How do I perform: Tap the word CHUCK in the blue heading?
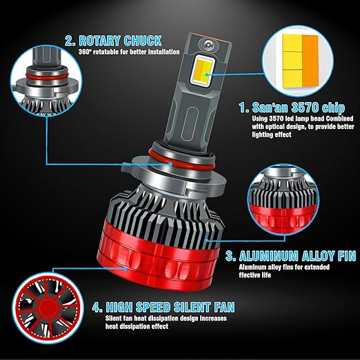(x=143, y=41)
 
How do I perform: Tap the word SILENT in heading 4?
(x=192, y=307)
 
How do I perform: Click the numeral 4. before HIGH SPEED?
(x=97, y=307)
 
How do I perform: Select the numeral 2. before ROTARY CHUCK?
(x=70, y=41)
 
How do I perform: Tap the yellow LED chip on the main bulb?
(x=203, y=71)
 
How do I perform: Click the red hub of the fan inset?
(x=48, y=308)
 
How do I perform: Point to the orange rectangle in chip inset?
(x=310, y=61)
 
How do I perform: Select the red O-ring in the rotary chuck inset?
(x=46, y=77)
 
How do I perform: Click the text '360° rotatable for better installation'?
(x=129, y=52)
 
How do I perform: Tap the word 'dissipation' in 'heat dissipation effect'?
(x=137, y=326)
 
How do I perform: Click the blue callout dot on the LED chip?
(x=207, y=74)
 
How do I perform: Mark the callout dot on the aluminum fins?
(x=207, y=240)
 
